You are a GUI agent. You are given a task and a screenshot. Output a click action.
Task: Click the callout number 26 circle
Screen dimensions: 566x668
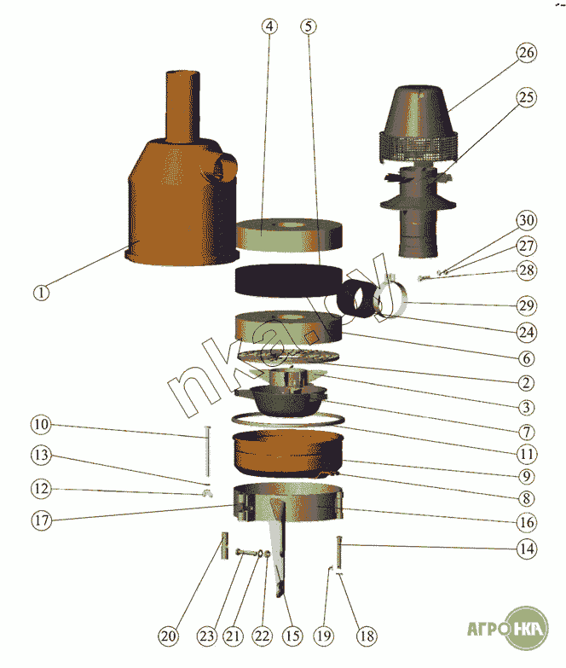pyautogui.click(x=527, y=53)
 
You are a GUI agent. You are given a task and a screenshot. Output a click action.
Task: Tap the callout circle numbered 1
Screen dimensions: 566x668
pyautogui.click(x=41, y=293)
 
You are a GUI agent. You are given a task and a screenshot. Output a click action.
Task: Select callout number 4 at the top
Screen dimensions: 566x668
pyautogui.click(x=269, y=26)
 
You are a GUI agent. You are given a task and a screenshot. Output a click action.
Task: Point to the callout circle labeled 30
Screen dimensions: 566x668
pyautogui.click(x=527, y=220)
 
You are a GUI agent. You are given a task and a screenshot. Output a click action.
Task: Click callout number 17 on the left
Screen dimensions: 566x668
pyautogui.click(x=41, y=520)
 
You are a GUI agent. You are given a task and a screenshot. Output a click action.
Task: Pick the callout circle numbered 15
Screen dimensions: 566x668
pyautogui.click(x=292, y=636)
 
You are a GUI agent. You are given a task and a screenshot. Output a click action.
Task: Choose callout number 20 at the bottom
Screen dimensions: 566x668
pyautogui.click(x=168, y=636)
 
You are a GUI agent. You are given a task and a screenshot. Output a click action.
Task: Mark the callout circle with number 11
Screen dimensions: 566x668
pyautogui.click(x=527, y=454)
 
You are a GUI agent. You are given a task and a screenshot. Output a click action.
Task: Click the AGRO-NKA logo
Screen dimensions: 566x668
pyautogui.click(x=507, y=629)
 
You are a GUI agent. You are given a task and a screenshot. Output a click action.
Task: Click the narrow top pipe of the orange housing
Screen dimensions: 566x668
pyautogui.click(x=182, y=107)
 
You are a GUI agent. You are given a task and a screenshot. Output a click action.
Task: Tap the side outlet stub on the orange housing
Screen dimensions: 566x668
pyautogui.click(x=226, y=167)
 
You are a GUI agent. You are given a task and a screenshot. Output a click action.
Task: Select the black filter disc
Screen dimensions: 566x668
pyautogui.click(x=288, y=280)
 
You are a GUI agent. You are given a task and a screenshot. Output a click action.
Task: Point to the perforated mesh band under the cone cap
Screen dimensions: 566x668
pyautogui.click(x=419, y=146)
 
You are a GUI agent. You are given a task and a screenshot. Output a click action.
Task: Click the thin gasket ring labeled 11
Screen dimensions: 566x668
pyautogui.click(x=288, y=420)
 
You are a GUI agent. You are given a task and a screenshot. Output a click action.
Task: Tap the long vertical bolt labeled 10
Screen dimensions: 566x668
pyautogui.click(x=207, y=450)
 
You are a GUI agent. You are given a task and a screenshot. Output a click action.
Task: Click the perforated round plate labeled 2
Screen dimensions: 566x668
pyautogui.click(x=288, y=356)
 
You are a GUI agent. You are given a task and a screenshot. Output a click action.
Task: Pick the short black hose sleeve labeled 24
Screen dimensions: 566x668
pyautogui.click(x=356, y=299)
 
